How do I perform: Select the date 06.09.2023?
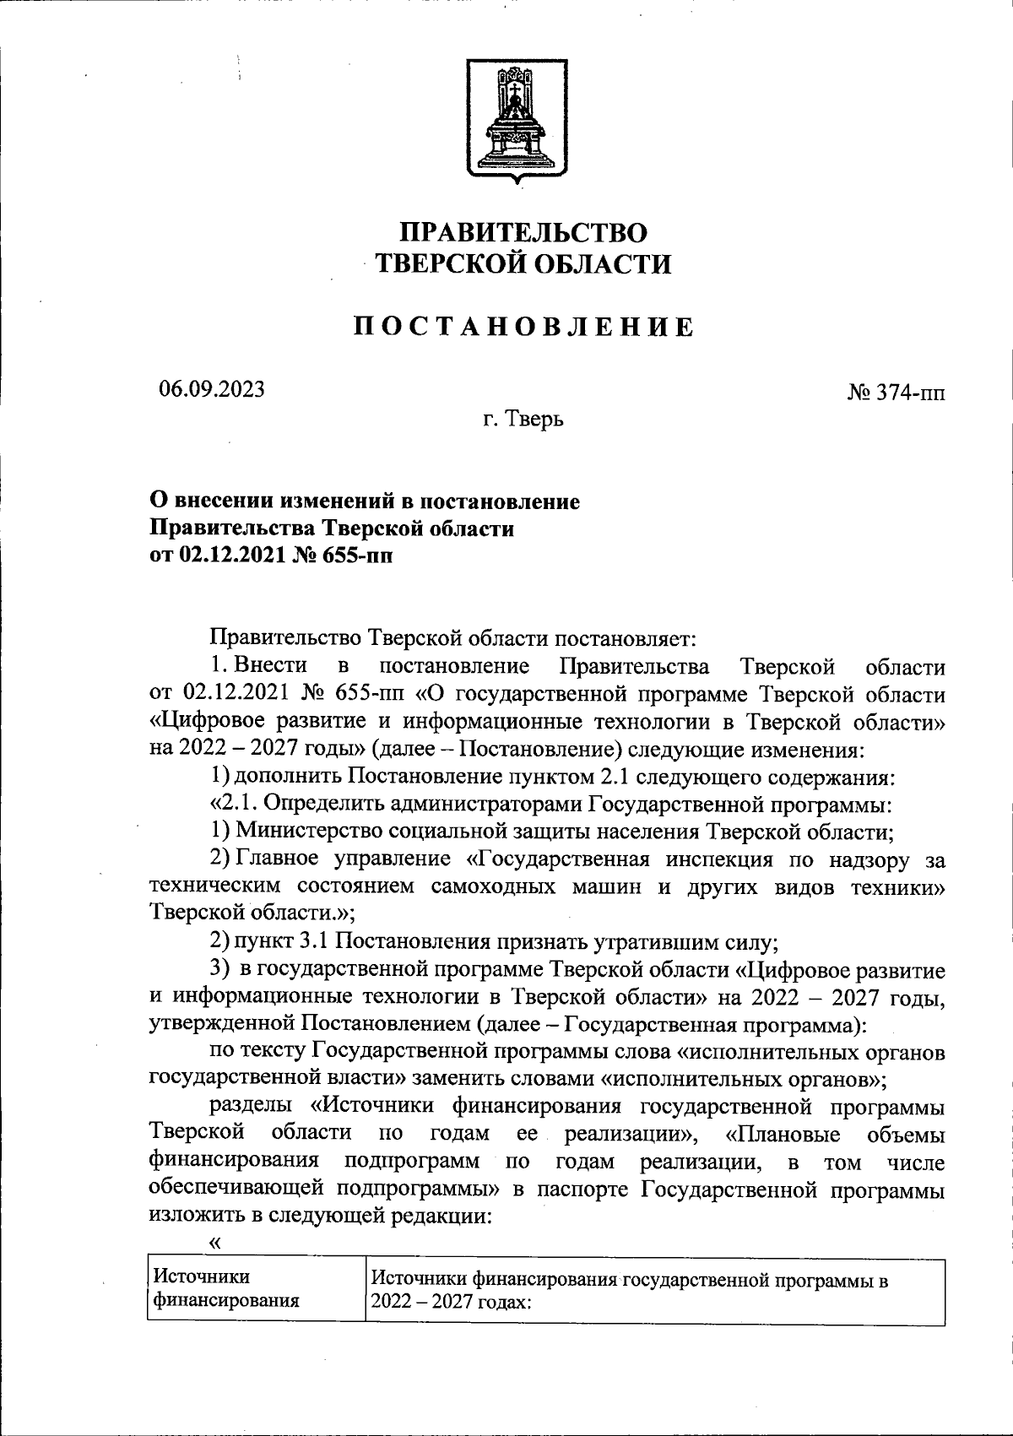pos(212,389)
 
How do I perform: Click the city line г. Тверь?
pos(523,418)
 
